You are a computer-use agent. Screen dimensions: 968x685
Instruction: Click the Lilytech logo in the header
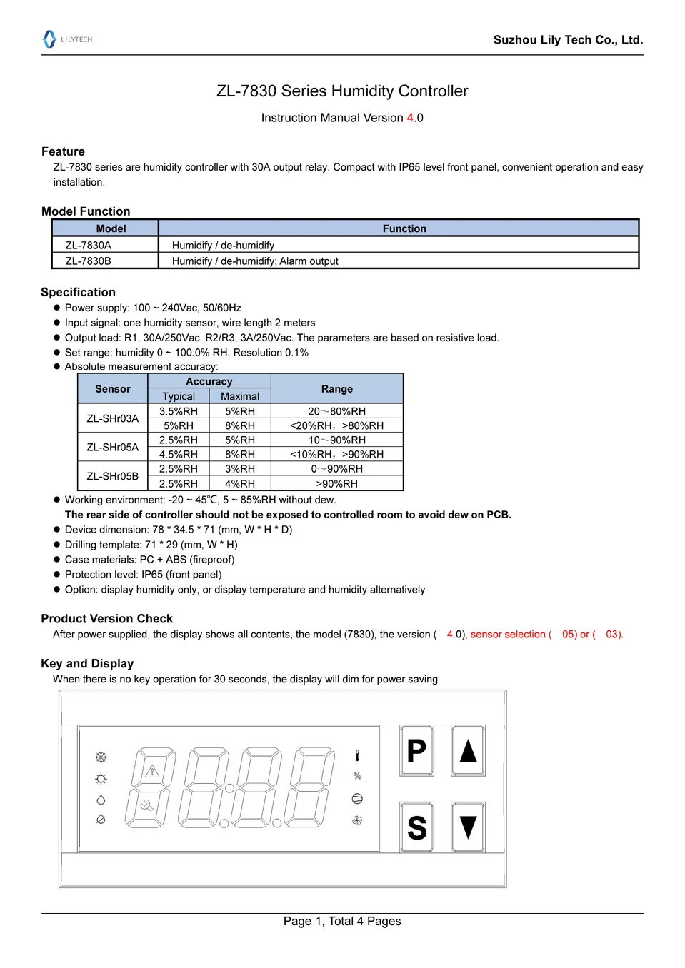[67, 39]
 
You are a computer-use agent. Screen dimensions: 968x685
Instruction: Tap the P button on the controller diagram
[416, 750]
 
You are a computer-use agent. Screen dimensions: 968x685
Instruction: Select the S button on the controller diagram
[416, 827]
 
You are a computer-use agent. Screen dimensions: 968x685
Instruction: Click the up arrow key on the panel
[468, 750]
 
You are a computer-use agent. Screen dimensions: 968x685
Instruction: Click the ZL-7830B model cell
[89, 261]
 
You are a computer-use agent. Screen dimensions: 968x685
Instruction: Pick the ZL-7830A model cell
[89, 245]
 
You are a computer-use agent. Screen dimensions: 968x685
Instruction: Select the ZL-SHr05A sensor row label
[113, 448]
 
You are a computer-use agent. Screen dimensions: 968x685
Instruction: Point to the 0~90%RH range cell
[336, 469]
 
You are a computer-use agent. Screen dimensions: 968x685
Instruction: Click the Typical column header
[179, 396]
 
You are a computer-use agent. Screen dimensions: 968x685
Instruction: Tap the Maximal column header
[240, 396]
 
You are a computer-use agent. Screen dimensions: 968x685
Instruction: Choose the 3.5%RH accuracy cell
[179, 411]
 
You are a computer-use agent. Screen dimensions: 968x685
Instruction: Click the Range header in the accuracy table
[336, 389]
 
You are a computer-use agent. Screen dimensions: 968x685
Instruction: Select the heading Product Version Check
[107, 619]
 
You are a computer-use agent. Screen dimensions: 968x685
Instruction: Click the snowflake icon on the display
[101, 757]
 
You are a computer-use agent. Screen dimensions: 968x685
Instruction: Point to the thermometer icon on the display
[357, 756]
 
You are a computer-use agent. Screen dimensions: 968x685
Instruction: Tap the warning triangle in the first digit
[151, 771]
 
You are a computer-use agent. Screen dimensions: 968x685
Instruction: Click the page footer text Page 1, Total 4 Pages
[342, 922]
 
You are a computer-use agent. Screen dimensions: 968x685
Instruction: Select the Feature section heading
[63, 151]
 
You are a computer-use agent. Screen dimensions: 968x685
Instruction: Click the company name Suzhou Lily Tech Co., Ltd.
[568, 40]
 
